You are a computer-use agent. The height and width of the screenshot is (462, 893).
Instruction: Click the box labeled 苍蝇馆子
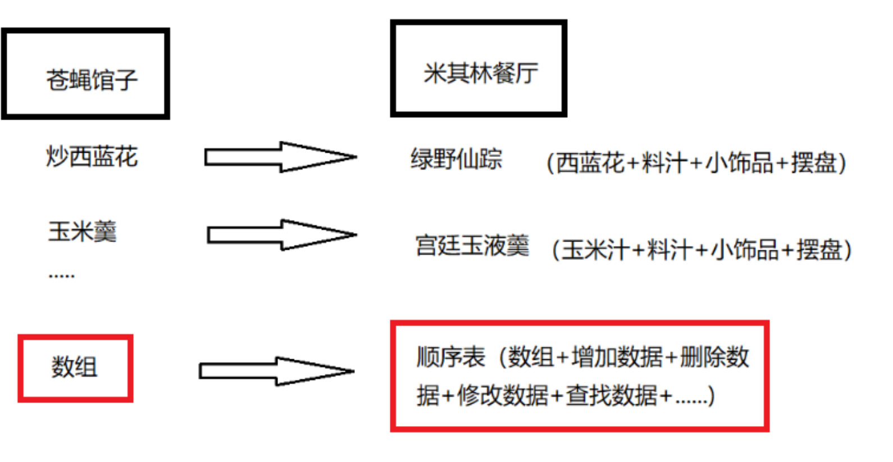(x=85, y=74)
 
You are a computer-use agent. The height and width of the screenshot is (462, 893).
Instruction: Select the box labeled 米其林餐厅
(x=479, y=68)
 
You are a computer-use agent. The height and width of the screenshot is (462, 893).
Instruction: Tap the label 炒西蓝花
(x=92, y=157)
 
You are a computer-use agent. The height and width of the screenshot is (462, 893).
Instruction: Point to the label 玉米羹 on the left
(x=83, y=231)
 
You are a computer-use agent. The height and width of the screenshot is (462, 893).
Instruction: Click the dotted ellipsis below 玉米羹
(x=61, y=276)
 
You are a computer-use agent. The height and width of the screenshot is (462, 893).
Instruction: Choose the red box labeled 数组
(x=75, y=368)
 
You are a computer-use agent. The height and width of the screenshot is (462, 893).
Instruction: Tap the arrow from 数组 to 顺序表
(x=276, y=371)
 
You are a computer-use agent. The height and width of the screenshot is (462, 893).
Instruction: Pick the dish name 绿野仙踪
(x=456, y=159)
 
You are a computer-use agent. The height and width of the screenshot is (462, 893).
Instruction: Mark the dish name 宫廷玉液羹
(x=472, y=246)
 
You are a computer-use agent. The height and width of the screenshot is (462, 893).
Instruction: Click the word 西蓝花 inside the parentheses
(x=590, y=163)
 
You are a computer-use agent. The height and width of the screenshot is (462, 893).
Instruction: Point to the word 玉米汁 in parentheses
(x=595, y=250)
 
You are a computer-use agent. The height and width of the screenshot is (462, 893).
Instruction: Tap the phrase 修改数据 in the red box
(x=503, y=396)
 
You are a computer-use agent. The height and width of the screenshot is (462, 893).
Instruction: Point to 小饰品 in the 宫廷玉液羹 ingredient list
(x=745, y=250)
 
